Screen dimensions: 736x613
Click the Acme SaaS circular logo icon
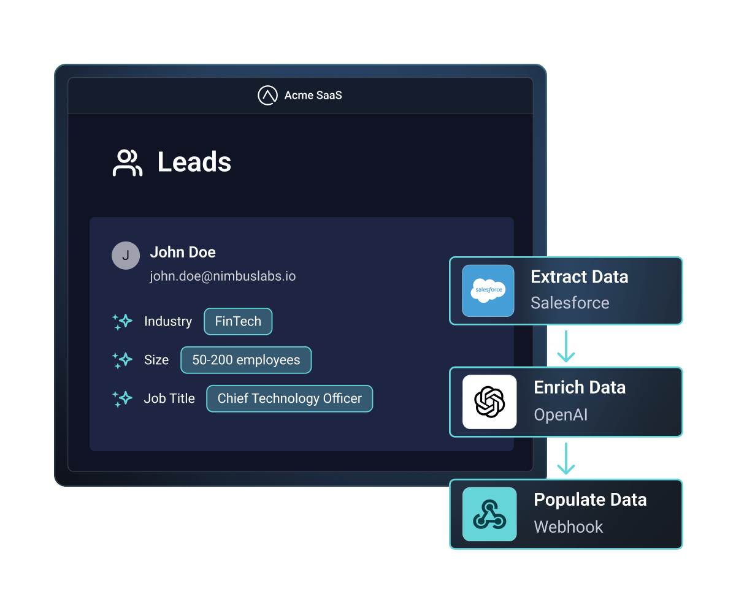(267, 95)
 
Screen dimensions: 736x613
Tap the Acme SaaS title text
(313, 95)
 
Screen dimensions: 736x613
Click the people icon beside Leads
(127, 162)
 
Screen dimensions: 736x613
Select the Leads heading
(194, 162)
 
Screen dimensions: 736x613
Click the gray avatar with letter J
(126, 256)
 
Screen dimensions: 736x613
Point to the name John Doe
(183, 252)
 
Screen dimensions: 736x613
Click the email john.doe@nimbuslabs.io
(223, 276)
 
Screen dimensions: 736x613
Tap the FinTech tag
(238, 321)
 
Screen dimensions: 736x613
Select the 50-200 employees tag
(246, 360)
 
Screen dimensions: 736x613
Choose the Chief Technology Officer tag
(289, 398)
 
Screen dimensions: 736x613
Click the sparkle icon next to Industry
(122, 322)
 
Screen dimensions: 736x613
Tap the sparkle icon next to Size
(122, 360)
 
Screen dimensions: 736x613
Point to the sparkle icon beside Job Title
(122, 399)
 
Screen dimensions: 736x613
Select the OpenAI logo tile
(489, 402)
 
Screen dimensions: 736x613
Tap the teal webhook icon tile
(489, 514)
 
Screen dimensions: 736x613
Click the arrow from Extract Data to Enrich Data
(565, 346)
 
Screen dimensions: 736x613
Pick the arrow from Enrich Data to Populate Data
(565, 459)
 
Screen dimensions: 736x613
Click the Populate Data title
(590, 500)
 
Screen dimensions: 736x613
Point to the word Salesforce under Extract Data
(570, 303)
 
